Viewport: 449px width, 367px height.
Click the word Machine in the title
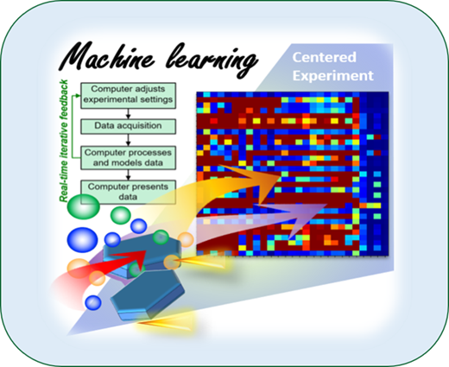click(x=107, y=57)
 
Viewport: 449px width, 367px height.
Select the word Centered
click(x=325, y=57)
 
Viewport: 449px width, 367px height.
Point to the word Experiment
click(x=333, y=76)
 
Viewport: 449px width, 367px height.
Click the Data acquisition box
click(x=128, y=126)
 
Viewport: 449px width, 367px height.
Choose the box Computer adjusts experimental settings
click(x=128, y=96)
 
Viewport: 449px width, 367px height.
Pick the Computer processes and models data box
click(x=128, y=158)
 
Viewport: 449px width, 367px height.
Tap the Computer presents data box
click(x=128, y=192)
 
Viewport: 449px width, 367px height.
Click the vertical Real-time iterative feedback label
click(x=64, y=141)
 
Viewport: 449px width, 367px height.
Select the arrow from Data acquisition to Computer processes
click(x=129, y=140)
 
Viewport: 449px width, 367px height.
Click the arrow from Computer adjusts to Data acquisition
click(x=129, y=114)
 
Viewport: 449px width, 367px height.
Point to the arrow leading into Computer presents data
click(x=129, y=174)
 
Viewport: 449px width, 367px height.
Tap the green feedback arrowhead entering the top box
click(x=78, y=96)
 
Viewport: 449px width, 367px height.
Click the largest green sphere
click(x=84, y=206)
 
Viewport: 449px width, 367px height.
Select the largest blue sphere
click(x=82, y=240)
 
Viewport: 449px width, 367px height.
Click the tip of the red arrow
click(x=147, y=250)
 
